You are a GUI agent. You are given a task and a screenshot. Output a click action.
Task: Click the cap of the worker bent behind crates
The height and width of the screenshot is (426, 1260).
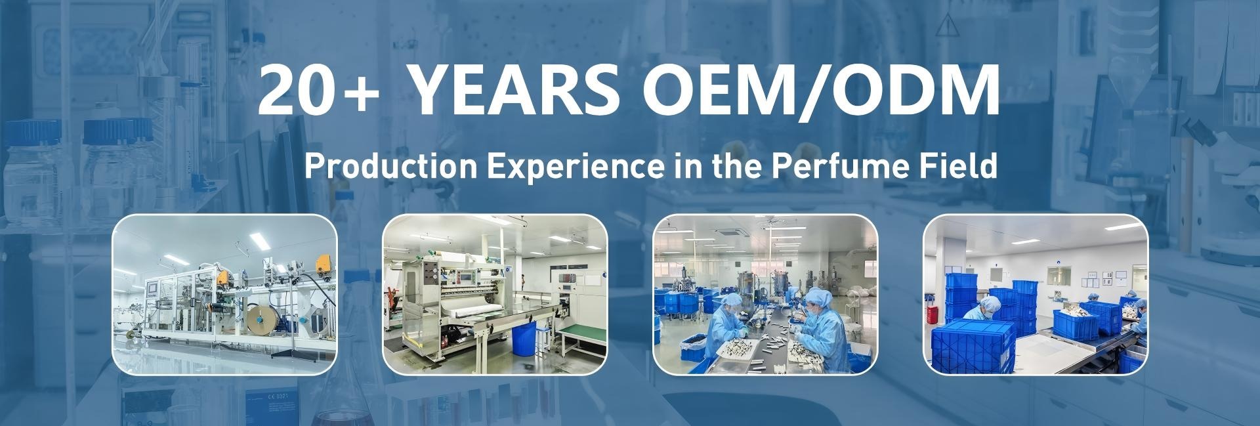(990, 302)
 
